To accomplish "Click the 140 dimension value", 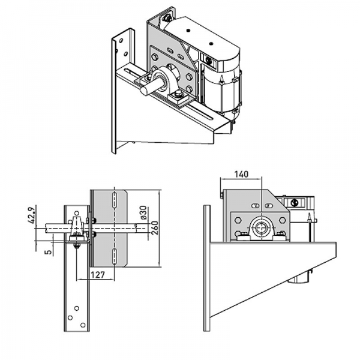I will click(x=241, y=175).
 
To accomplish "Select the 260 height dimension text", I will click(x=154, y=228).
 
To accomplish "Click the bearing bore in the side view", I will click(x=261, y=227).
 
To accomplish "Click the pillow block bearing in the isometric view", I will click(x=169, y=80).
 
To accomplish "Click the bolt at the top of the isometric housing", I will click(x=167, y=18).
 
